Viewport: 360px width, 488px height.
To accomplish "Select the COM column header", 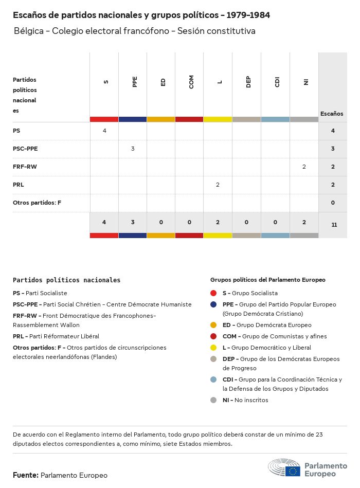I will click(191, 82).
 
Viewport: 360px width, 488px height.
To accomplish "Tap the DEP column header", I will click(248, 82).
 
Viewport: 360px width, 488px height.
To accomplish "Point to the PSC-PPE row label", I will click(25, 149).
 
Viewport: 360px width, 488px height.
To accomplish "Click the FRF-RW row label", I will click(25, 167).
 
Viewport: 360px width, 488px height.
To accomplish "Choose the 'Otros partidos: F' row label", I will click(37, 203).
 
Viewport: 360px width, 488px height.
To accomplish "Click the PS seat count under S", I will click(104, 131).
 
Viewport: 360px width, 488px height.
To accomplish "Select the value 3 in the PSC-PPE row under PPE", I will click(133, 149).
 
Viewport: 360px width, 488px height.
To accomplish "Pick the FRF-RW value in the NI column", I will click(304, 167).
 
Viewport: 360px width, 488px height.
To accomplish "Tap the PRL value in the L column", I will click(218, 184).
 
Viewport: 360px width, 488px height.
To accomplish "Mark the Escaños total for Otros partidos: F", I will click(333, 203).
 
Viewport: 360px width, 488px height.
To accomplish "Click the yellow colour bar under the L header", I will click(218, 119).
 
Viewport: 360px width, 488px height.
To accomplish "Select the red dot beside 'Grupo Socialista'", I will click(213, 293).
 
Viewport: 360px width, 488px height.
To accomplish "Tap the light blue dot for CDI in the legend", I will click(213, 379).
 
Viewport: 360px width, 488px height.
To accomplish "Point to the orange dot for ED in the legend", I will click(213, 325).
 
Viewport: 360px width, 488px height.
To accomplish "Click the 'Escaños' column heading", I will click(332, 114).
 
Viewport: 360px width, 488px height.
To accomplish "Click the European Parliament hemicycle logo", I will click(284, 467).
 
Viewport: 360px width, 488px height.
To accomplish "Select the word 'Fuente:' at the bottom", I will click(25, 475).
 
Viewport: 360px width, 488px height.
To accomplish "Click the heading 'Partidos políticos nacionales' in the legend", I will click(66, 280).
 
